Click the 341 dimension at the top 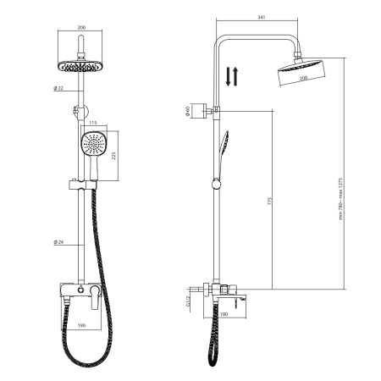point(262,17)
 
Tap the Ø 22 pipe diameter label point(58,88)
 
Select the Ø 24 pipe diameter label point(58,242)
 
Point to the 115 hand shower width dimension point(92,123)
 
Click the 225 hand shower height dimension point(113,156)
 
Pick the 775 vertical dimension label point(269,201)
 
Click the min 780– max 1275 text point(340,199)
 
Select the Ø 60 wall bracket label point(187,111)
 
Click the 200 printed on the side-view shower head point(303,78)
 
